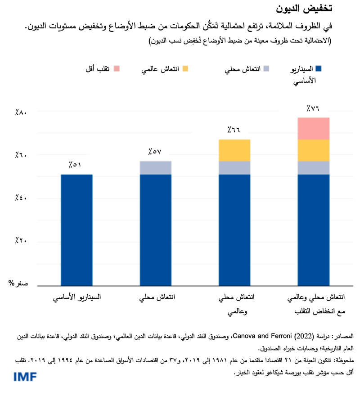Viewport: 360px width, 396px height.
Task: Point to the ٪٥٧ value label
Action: [x=154, y=152]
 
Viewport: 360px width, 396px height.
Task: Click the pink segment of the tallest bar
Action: [x=313, y=129]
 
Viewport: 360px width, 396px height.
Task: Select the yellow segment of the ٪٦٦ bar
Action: [x=234, y=150]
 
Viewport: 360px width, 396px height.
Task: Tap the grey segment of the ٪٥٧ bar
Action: [x=155, y=167]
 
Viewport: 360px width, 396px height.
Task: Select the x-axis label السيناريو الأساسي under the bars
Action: [x=77, y=297]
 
